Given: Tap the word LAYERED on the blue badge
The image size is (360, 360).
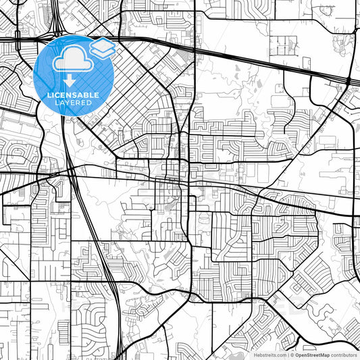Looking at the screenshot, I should [x=74, y=104].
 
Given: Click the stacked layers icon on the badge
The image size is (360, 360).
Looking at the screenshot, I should [x=103, y=48].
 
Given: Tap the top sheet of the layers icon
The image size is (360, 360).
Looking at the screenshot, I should [x=103, y=45].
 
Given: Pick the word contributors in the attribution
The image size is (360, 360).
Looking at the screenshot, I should [x=344, y=354].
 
